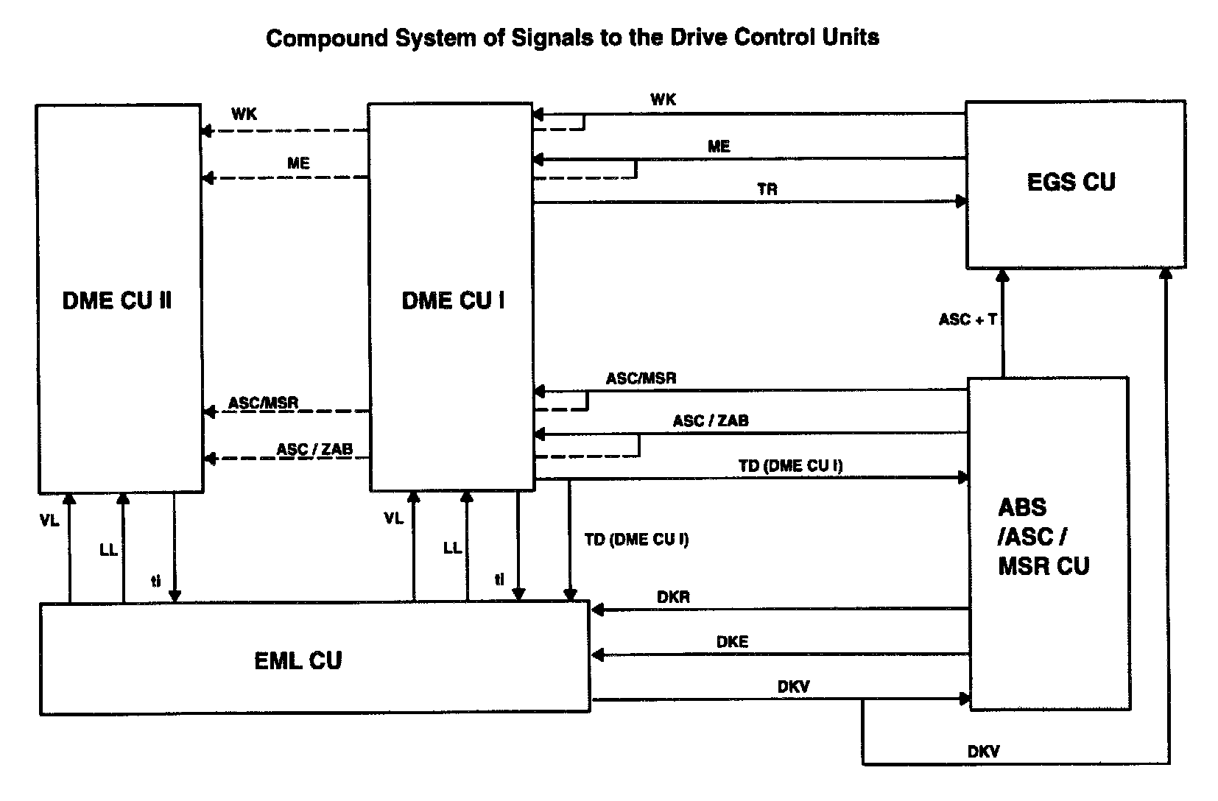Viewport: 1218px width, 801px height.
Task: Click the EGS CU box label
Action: point(1071,182)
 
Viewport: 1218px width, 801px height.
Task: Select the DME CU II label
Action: point(117,300)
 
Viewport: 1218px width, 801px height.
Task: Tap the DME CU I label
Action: point(453,300)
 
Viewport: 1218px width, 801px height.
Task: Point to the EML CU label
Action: point(298,660)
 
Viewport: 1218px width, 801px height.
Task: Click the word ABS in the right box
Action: point(1022,507)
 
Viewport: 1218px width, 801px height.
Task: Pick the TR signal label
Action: point(767,189)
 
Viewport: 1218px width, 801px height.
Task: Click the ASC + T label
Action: point(968,320)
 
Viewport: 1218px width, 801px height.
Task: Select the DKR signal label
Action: point(673,597)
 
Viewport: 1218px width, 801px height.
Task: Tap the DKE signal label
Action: point(732,642)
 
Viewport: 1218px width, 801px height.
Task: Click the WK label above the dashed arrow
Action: point(244,115)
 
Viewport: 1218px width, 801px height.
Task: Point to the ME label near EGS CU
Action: point(719,147)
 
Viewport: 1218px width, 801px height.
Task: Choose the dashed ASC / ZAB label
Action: point(314,449)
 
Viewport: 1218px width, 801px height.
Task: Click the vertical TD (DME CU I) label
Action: point(636,540)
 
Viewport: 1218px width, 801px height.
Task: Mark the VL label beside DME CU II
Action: point(49,521)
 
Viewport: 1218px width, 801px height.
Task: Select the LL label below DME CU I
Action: point(452,548)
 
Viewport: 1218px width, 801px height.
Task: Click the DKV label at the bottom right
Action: point(983,752)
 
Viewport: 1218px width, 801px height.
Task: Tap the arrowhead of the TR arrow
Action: point(961,202)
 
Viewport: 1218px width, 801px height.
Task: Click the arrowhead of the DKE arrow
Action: point(598,654)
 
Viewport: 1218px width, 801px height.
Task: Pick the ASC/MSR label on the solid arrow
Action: point(641,379)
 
